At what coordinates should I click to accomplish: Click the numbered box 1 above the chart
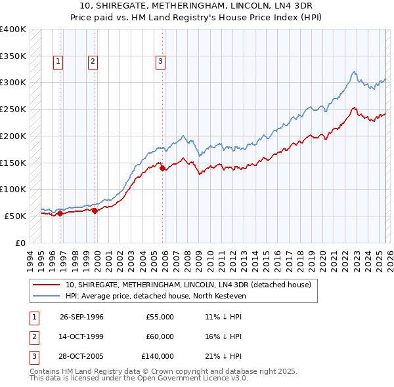(x=58, y=62)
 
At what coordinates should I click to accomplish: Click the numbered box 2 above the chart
(x=93, y=62)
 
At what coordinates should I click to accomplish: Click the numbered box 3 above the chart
(x=160, y=62)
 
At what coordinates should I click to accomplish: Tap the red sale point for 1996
(x=60, y=213)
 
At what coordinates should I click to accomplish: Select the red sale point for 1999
(x=95, y=211)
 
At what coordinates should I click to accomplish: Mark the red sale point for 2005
(x=163, y=168)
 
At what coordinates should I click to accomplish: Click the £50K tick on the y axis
(x=15, y=216)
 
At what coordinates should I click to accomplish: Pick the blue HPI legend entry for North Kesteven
(x=155, y=296)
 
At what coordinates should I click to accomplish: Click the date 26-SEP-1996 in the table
(x=81, y=317)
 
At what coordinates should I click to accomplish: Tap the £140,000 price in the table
(x=158, y=356)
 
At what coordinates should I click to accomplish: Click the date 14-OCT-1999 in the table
(x=81, y=336)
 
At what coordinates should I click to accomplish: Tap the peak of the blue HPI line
(x=354, y=71)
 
